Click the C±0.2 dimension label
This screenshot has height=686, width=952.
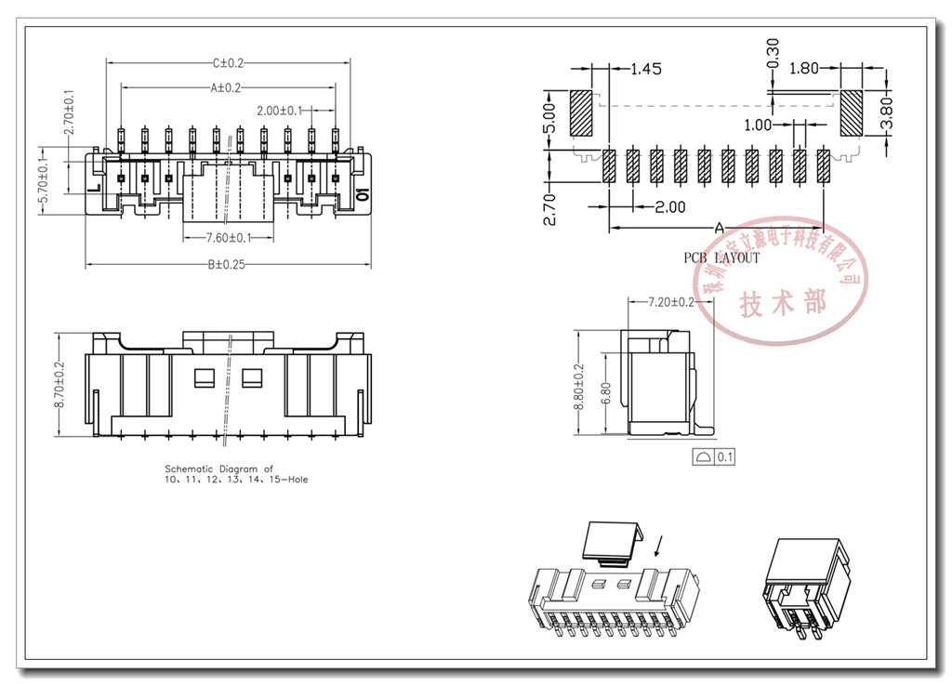click(x=228, y=63)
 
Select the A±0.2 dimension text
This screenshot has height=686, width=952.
click(x=226, y=87)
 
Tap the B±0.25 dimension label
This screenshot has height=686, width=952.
click(x=227, y=265)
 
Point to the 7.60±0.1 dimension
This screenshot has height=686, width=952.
click(x=229, y=239)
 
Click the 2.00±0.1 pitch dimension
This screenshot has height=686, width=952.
click(x=279, y=111)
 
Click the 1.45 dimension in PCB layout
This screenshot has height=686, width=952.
click(x=645, y=69)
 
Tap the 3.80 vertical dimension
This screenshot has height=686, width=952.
click(x=886, y=112)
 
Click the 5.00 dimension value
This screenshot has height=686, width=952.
click(x=549, y=117)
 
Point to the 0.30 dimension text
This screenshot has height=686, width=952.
click(x=773, y=55)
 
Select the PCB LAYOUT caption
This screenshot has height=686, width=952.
click(x=721, y=257)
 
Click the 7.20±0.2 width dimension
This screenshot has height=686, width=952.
click(x=670, y=302)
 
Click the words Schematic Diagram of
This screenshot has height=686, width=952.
click(x=218, y=469)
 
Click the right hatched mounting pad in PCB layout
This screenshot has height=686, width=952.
click(x=853, y=113)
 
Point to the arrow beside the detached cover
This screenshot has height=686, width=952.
click(x=659, y=545)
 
